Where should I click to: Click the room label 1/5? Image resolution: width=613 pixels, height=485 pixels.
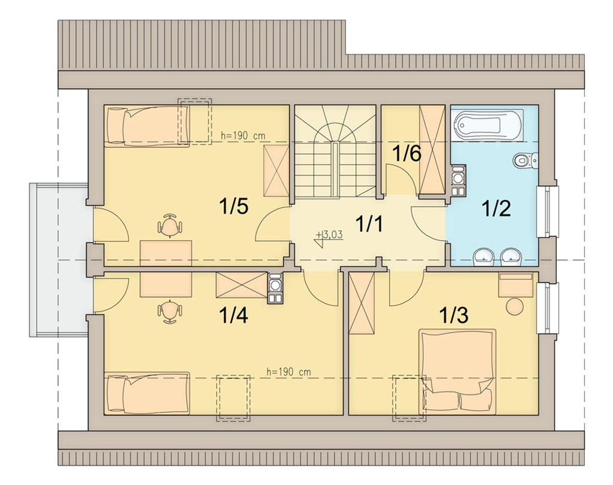(x=234, y=206)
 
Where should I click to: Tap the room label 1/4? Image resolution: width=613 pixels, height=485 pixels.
(x=234, y=315)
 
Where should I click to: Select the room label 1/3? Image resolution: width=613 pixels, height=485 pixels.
(x=454, y=315)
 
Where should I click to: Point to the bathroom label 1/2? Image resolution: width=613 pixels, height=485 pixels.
(x=496, y=209)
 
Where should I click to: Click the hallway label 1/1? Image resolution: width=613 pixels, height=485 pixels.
(x=369, y=225)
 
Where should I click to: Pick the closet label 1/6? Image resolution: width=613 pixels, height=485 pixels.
(x=406, y=154)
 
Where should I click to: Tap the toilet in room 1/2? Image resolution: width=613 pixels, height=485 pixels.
(x=526, y=160)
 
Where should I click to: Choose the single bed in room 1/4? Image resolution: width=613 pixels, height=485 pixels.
(x=147, y=393)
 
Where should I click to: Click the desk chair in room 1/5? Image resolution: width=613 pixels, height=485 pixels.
(x=169, y=226)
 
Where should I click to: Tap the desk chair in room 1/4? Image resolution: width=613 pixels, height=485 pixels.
(x=169, y=311)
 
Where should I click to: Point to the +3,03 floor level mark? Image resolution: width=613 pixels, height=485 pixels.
(x=329, y=235)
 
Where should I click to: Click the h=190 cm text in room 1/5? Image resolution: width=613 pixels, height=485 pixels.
(x=243, y=136)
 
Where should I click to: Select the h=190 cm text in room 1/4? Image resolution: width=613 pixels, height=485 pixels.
(x=289, y=372)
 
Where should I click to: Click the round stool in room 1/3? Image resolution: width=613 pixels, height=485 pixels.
(x=514, y=306)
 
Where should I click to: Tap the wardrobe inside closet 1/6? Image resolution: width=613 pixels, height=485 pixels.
(x=432, y=150)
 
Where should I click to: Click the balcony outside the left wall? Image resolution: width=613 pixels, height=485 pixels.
(x=59, y=260)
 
